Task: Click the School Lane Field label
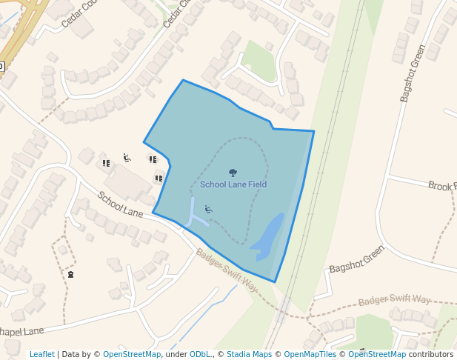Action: [x=233, y=184]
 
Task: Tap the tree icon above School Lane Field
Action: [x=233, y=173]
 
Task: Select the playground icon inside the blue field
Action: [x=208, y=210]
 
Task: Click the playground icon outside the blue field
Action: [x=127, y=157]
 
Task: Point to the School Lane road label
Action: [x=120, y=204]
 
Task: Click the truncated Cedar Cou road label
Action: [x=79, y=13]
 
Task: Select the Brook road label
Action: [x=442, y=185]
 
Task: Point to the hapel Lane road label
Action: [x=22, y=330]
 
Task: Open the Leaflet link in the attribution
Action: [x=41, y=354]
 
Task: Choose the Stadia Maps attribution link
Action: [x=249, y=354]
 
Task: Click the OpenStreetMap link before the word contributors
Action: [x=377, y=354]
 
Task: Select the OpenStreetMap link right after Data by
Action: [x=132, y=354]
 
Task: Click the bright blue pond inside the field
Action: [x=267, y=236]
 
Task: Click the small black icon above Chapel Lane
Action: [x=70, y=274]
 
